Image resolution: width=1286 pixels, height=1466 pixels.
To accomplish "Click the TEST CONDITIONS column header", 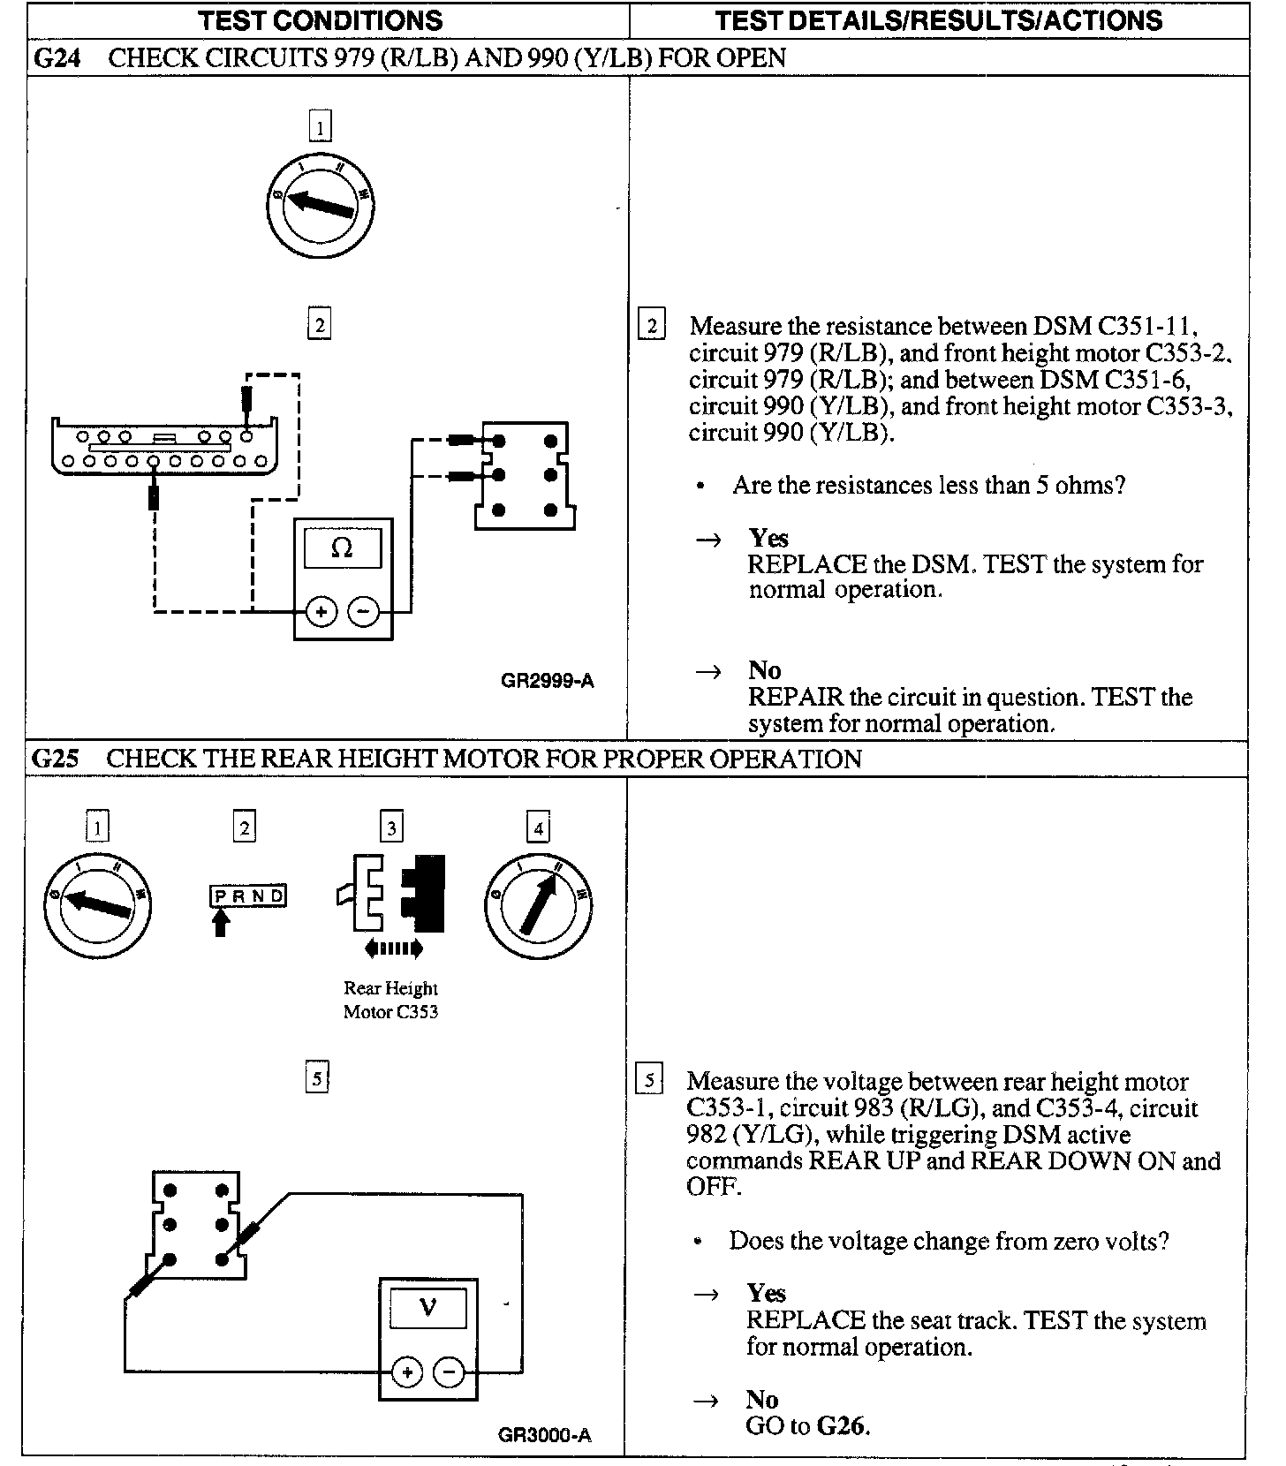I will click(320, 20).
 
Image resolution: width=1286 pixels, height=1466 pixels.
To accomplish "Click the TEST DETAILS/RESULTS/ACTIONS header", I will click(938, 20).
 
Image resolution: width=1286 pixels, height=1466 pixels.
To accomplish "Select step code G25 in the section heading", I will click(55, 759).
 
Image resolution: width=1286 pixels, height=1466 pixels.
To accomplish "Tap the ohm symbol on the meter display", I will click(342, 548).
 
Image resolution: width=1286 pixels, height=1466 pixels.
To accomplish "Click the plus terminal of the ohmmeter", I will click(321, 611).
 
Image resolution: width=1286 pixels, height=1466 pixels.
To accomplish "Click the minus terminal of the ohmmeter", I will click(363, 611).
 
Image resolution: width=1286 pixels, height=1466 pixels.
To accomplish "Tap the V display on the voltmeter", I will click(427, 1306).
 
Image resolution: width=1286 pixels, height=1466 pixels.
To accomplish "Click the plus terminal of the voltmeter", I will click(407, 1372).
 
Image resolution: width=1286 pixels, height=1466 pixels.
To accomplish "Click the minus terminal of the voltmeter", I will click(449, 1372).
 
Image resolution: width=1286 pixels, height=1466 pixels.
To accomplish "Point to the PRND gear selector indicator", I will click(248, 896).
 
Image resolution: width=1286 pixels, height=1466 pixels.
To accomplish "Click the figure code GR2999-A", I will click(547, 681).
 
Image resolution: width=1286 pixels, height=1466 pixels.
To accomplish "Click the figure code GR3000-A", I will click(545, 1435).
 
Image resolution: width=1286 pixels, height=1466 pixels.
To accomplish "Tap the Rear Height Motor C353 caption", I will click(390, 1000).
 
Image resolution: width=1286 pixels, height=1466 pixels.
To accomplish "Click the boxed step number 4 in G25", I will click(538, 827).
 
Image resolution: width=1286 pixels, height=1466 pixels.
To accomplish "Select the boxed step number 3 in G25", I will click(391, 827).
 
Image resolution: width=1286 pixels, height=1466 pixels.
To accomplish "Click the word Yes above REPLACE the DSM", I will click(768, 538).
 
